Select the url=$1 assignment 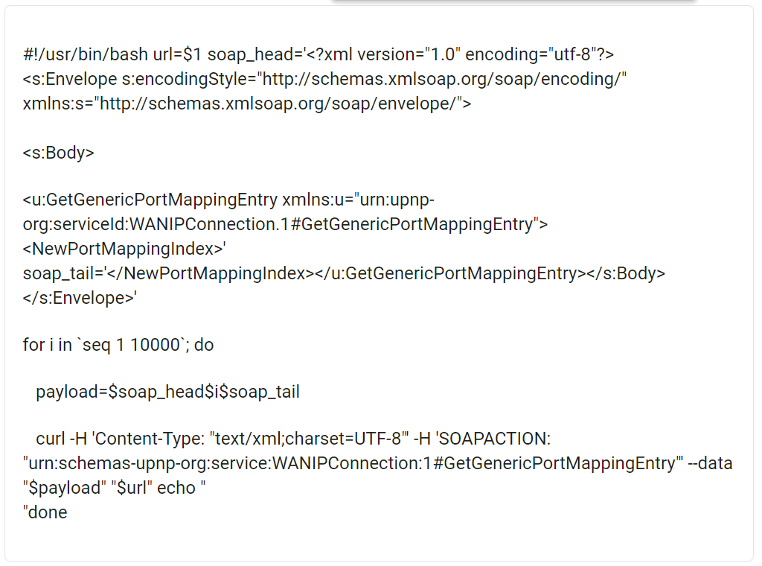click(178, 55)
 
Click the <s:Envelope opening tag click(70, 80)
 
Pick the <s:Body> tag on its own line click(59, 153)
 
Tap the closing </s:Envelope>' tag click(80, 298)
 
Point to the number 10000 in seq click(156, 345)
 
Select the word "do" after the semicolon click(204, 345)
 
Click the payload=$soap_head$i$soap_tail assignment click(167, 392)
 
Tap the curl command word click(50, 439)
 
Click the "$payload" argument click(63, 488)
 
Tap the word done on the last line click(48, 512)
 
